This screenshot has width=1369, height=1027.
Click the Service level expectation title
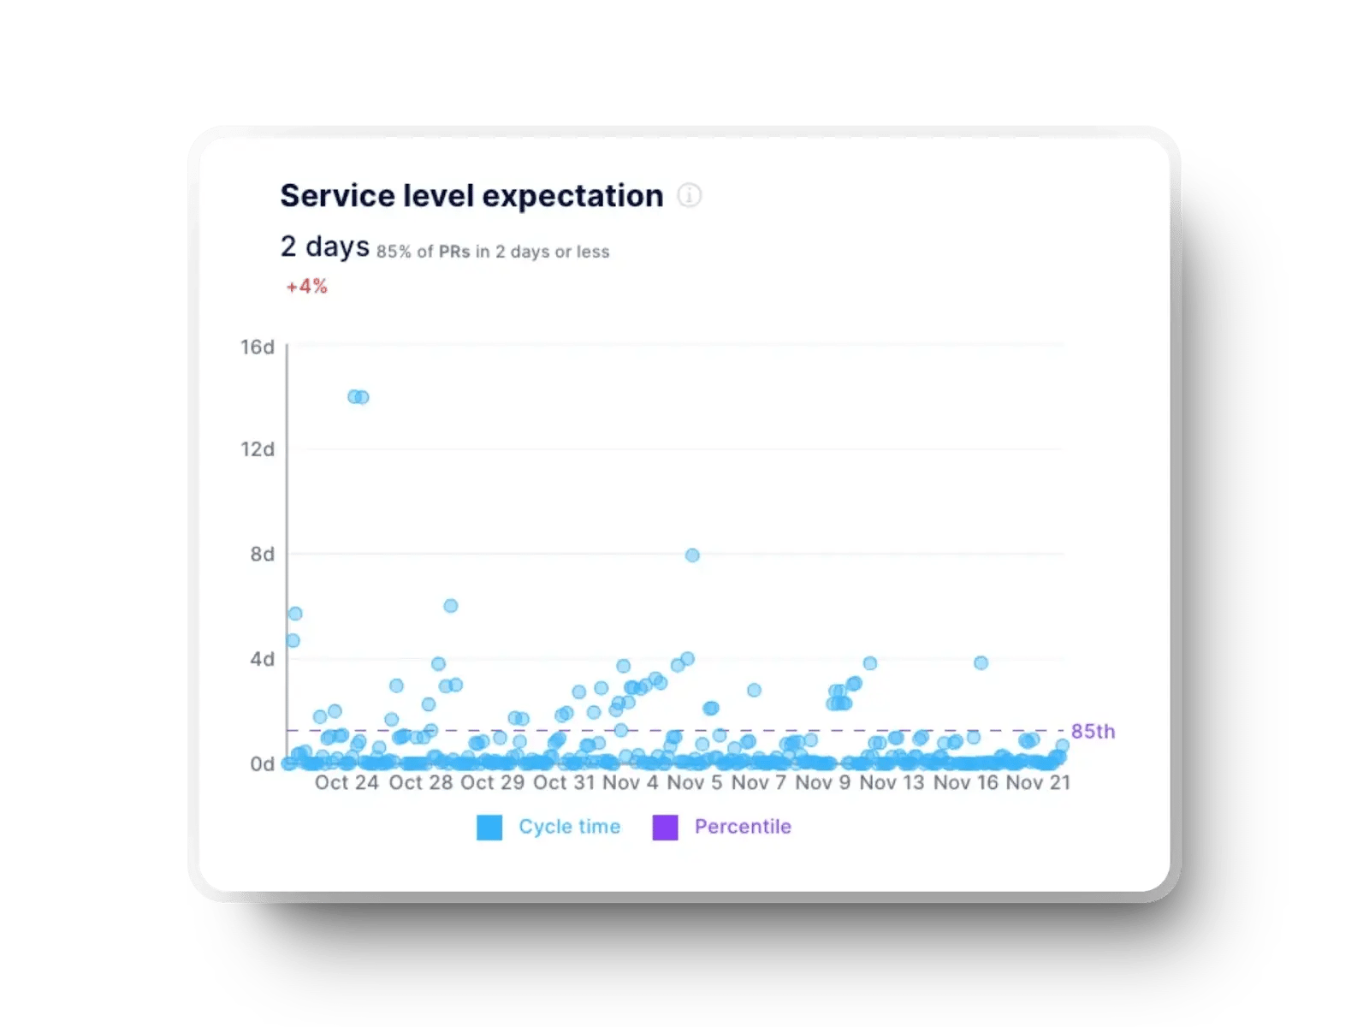click(471, 196)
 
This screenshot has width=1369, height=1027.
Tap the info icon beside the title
click(690, 196)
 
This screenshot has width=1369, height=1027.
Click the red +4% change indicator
click(306, 287)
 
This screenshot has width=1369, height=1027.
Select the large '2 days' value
click(324, 246)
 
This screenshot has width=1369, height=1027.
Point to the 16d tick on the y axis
click(257, 347)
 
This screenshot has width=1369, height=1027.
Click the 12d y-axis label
click(257, 449)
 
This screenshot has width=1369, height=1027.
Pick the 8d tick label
click(262, 555)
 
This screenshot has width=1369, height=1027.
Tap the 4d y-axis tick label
click(262, 660)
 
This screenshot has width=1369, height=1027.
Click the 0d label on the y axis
click(262, 764)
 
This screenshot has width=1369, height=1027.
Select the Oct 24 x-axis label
click(347, 783)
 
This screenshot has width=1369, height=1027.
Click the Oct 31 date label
click(563, 783)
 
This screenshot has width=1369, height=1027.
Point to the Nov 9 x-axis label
click(822, 783)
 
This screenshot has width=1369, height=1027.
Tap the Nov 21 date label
click(1038, 783)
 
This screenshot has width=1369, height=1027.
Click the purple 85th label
click(1093, 732)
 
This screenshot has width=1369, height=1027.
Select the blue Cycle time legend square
click(489, 828)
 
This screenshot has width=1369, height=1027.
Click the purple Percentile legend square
click(665, 828)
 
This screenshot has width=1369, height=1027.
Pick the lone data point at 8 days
click(692, 555)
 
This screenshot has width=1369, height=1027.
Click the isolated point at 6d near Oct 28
click(451, 606)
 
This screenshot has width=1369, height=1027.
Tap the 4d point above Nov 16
click(981, 663)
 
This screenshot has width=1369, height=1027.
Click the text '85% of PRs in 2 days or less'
click(493, 252)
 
